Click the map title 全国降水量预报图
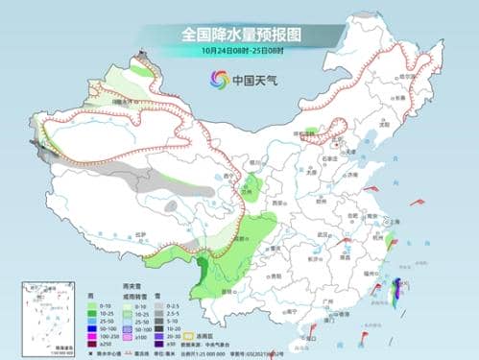239,34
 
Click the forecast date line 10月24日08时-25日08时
239,51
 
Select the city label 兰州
228,192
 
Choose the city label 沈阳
386,125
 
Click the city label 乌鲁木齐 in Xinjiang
122,100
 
